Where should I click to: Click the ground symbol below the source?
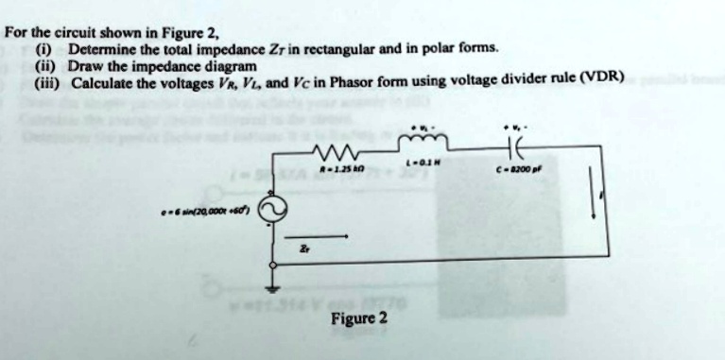pos(276,287)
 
